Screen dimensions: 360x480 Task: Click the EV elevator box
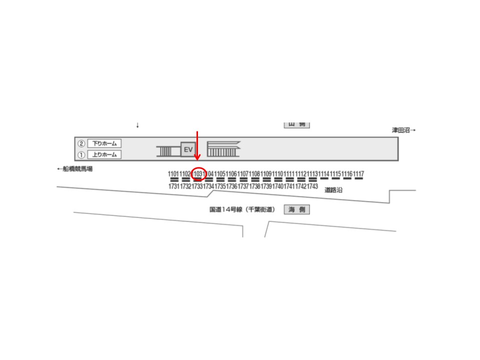click(188, 149)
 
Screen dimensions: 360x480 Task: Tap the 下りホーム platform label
click(104, 143)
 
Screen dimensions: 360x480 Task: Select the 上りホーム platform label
click(104, 154)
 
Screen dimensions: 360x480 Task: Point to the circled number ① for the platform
click(81, 154)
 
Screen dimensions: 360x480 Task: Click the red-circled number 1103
click(198, 173)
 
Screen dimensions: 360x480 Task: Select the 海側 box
click(297, 210)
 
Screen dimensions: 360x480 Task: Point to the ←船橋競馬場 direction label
click(75, 169)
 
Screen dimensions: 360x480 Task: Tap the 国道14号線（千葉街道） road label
click(242, 210)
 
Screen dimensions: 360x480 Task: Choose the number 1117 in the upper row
click(358, 173)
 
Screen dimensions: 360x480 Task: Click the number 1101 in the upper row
click(174, 173)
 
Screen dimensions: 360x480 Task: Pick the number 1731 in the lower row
click(174, 186)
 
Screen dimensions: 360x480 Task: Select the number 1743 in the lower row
click(312, 186)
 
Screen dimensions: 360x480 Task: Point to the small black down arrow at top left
click(137, 125)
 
